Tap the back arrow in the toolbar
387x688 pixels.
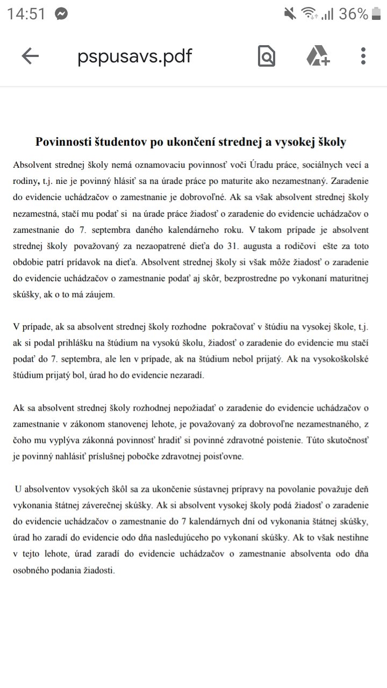pyautogui.click(x=30, y=56)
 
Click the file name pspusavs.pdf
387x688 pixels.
pyautogui.click(x=134, y=56)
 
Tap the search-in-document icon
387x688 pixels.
pyautogui.click(x=267, y=56)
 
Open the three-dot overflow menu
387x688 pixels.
pyautogui.click(x=363, y=56)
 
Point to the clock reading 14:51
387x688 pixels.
pyautogui.click(x=26, y=14)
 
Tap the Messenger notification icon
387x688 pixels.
pyautogui.click(x=61, y=14)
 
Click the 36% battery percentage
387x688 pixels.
pyautogui.click(x=353, y=14)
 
